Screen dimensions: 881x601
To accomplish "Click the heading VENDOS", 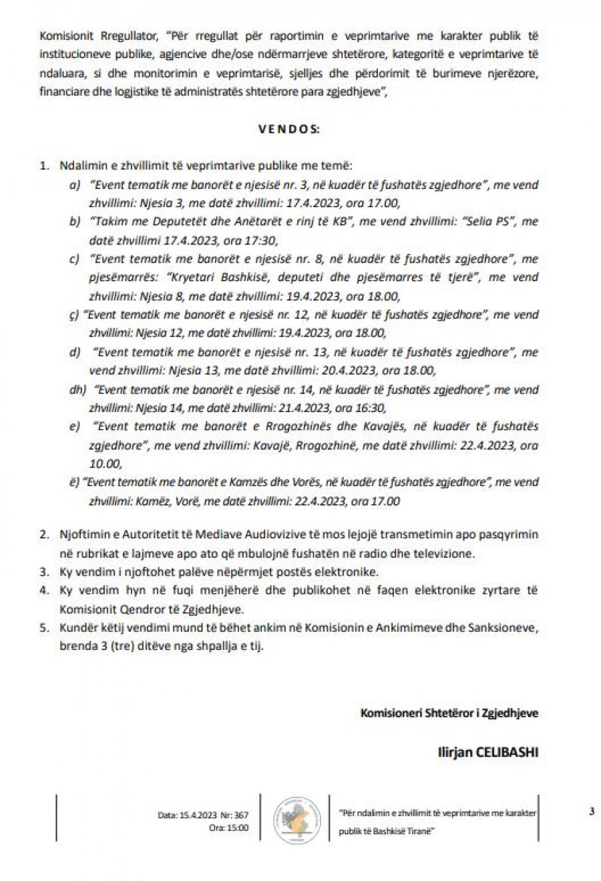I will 288,130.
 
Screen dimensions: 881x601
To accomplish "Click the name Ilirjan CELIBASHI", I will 487,752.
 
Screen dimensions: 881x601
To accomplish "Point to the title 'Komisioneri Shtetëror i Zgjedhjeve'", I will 449,713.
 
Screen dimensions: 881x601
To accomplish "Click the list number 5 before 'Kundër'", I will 44,629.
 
